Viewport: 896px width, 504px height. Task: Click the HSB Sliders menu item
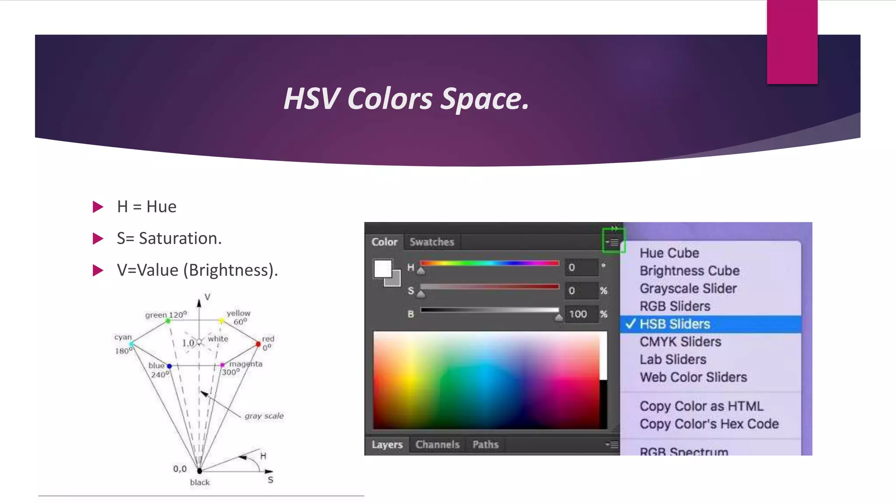(675, 324)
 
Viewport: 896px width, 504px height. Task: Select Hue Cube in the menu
(669, 253)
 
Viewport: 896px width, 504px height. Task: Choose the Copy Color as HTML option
(701, 406)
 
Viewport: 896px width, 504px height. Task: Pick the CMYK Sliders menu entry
(680, 342)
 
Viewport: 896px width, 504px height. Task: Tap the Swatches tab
(432, 242)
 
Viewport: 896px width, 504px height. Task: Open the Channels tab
(437, 444)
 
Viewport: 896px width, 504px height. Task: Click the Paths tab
(485, 444)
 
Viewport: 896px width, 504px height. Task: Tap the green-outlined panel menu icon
(613, 241)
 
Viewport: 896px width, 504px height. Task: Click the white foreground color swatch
(382, 269)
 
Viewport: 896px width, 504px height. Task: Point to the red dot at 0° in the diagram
(258, 344)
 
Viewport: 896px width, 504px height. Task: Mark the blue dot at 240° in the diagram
(169, 366)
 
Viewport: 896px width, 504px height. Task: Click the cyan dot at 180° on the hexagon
(131, 345)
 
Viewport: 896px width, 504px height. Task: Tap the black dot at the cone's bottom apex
(199, 471)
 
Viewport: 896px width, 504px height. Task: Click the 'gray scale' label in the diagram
(264, 416)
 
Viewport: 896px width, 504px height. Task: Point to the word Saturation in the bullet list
(180, 238)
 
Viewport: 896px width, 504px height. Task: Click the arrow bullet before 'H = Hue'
(98, 207)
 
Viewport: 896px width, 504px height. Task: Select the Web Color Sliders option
(693, 377)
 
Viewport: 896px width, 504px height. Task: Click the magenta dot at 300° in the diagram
(222, 365)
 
